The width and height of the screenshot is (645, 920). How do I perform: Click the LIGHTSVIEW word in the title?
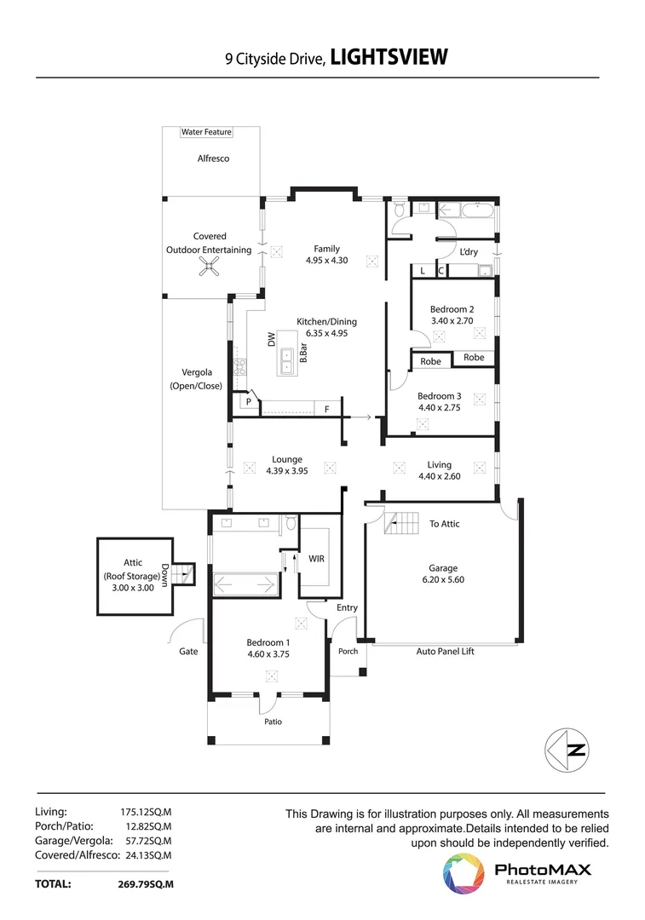388,57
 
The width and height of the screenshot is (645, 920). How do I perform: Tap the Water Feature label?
206,133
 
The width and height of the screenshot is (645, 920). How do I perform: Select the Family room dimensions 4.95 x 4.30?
327,261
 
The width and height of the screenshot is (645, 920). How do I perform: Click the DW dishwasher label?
271,338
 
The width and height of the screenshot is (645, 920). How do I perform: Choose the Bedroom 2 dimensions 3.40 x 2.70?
452,320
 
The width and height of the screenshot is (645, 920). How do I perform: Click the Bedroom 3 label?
440,396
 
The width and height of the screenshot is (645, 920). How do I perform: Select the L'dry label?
469,252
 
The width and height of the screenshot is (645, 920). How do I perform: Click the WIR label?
316,560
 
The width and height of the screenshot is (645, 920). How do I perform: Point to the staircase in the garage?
404,524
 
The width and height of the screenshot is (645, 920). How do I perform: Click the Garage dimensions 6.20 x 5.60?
443,579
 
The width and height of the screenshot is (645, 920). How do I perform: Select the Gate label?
188,652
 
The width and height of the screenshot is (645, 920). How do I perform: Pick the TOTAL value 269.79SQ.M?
145,885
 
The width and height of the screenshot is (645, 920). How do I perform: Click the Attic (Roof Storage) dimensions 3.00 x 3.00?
132,588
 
